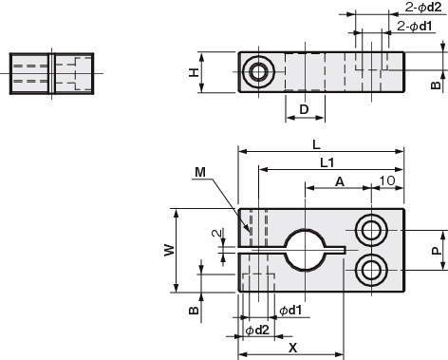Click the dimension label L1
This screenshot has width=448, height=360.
pyautogui.click(x=327, y=163)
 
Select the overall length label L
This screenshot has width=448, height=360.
pyautogui.click(x=316, y=145)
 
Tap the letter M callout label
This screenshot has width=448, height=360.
pyautogui.click(x=200, y=173)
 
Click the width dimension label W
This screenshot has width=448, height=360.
pyautogui.click(x=169, y=250)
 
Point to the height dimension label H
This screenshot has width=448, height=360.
pyautogui.click(x=194, y=72)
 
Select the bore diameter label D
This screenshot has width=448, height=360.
pyautogui.click(x=304, y=109)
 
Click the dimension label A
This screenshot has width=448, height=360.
pyautogui.click(x=340, y=181)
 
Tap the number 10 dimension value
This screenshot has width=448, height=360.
pyautogui.click(x=387, y=180)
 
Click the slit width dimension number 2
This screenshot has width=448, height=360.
pyautogui.click(x=216, y=234)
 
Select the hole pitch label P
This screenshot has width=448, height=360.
pyautogui.click(x=437, y=251)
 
